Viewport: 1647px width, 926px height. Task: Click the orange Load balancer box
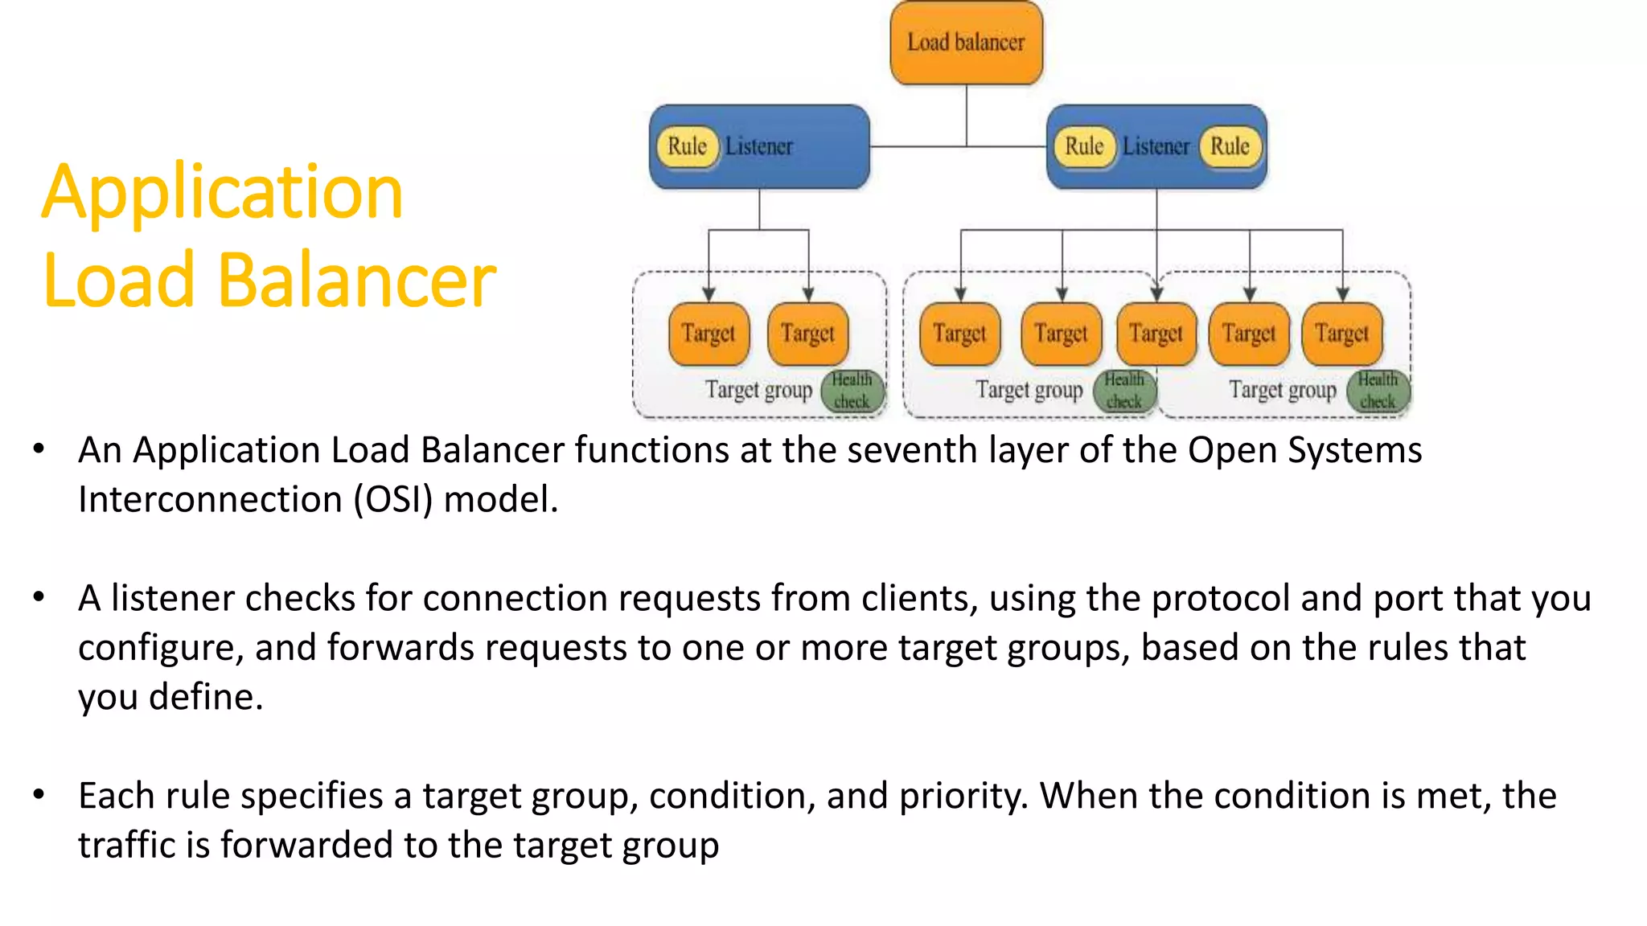[966, 43]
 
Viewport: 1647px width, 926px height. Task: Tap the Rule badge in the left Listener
[687, 146]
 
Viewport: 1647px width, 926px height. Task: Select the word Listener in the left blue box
[758, 146]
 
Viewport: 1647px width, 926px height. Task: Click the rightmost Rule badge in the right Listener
[1230, 146]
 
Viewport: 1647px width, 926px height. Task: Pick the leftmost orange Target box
[708, 333]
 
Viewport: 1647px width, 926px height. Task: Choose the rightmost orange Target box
[1341, 333]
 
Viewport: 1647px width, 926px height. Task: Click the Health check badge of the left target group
[852, 391]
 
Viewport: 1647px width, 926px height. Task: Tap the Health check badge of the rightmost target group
[1378, 391]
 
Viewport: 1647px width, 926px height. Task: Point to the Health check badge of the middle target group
[1123, 391]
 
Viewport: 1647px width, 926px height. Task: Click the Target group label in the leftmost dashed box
[758, 390]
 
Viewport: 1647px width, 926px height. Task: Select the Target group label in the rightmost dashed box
[1283, 390]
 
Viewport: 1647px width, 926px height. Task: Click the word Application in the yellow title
[222, 193]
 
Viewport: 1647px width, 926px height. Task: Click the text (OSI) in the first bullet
[393, 499]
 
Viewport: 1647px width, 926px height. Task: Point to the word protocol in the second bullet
[1220, 599]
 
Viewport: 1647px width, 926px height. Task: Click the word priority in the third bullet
[963, 797]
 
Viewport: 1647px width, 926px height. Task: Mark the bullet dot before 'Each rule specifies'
[39, 795]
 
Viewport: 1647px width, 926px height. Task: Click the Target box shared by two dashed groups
[1156, 333]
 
